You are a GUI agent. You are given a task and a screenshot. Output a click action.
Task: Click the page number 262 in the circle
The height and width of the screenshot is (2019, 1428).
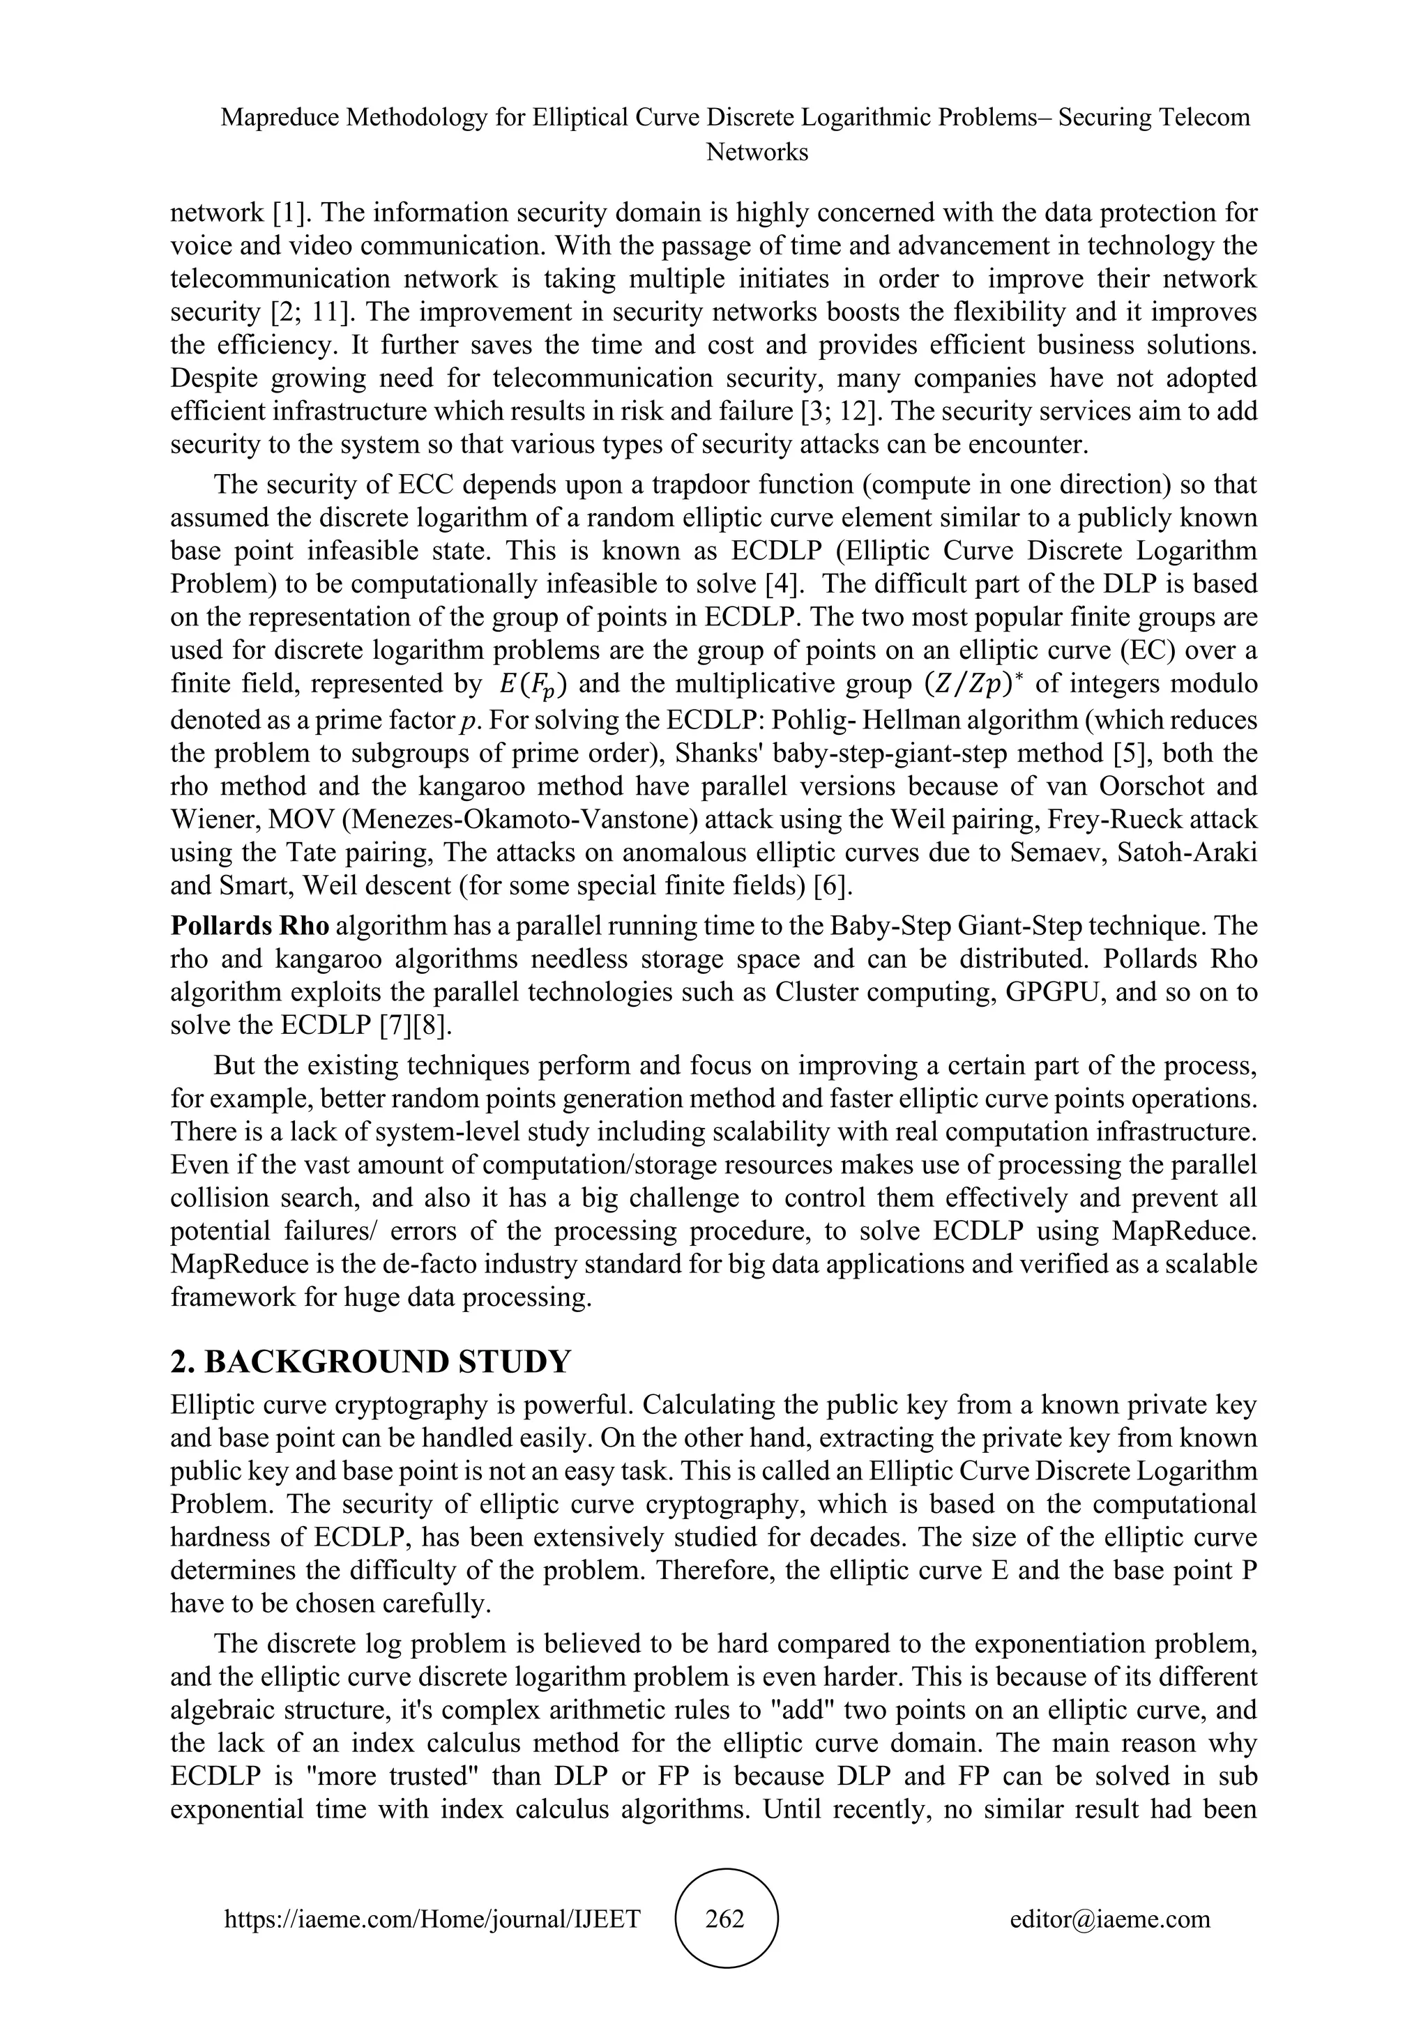pyautogui.click(x=725, y=1918)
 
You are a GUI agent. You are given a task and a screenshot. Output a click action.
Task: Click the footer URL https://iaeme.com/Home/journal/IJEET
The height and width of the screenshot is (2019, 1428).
pyautogui.click(x=432, y=1918)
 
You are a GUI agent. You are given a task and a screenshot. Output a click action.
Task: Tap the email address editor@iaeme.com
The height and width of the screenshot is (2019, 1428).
pyautogui.click(x=1109, y=1918)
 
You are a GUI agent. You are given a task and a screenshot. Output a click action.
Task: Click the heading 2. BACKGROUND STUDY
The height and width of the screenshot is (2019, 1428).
pyautogui.click(x=370, y=1362)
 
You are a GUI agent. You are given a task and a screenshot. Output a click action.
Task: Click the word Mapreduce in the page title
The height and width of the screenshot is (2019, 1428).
pyautogui.click(x=280, y=118)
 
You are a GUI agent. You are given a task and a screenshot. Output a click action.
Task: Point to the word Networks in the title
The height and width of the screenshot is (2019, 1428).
pyautogui.click(x=757, y=152)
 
